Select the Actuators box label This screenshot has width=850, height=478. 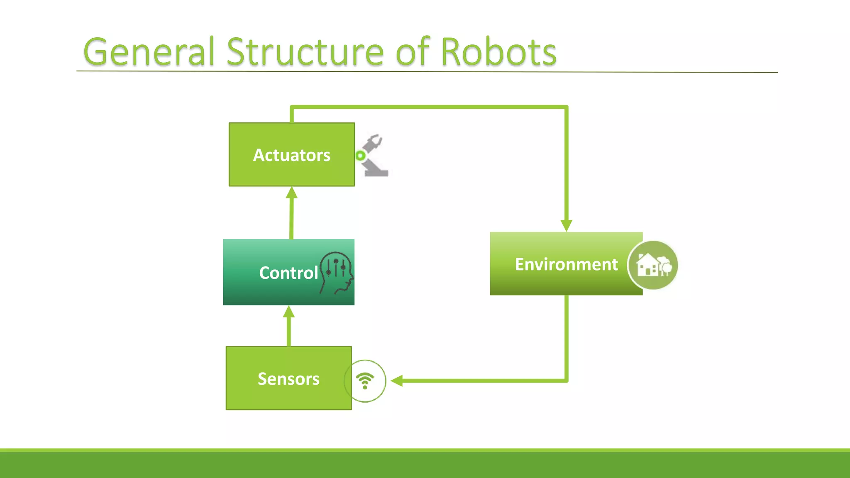291,155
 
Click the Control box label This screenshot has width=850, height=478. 288,273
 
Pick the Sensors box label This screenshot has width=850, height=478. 288,379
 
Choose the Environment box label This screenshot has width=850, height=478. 566,264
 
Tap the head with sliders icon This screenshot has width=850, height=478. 337,272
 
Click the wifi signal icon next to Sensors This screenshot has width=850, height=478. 365,380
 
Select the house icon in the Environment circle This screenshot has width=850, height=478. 653,265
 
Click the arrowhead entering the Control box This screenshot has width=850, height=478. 289,311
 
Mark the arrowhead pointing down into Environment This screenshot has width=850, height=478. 566,226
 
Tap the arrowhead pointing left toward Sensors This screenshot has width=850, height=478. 397,380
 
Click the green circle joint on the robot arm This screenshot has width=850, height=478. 360,156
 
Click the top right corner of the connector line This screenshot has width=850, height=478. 566,107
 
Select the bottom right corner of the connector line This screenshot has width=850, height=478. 566,380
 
